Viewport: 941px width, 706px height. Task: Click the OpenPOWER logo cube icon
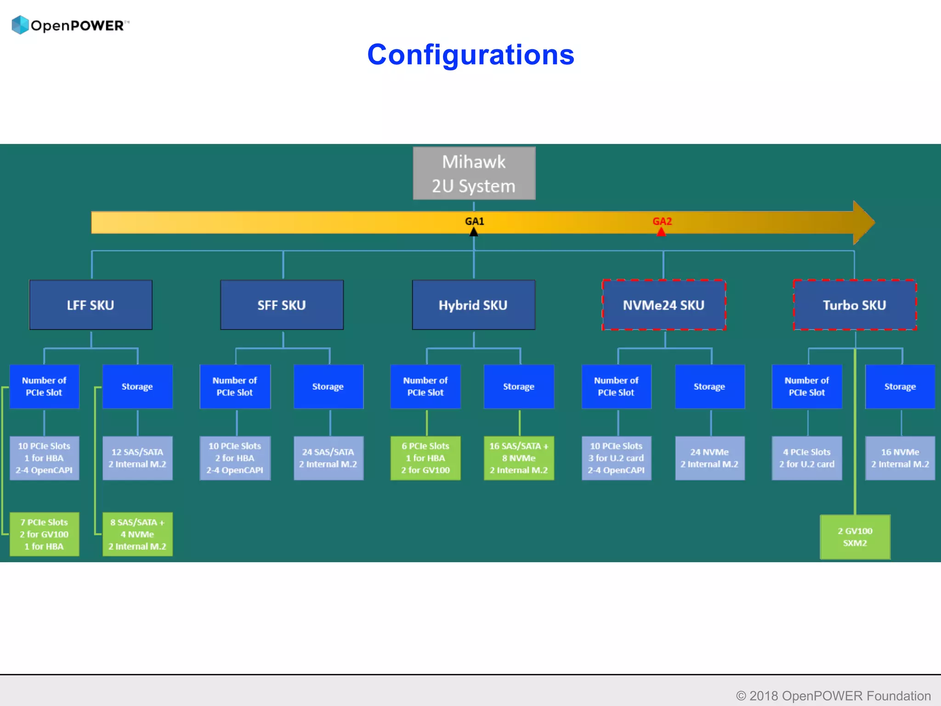point(20,25)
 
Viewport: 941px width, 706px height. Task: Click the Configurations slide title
point(470,55)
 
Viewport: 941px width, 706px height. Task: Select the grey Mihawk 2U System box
point(474,173)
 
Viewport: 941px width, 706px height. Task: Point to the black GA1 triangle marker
point(474,232)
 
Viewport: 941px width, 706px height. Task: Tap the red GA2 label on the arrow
point(662,221)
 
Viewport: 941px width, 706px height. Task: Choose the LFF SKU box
point(91,305)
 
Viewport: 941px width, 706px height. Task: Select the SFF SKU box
point(282,305)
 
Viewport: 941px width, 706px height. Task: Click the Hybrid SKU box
point(473,305)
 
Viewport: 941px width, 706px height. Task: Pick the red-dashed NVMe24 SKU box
point(664,305)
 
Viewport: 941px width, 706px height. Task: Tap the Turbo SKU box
point(855,305)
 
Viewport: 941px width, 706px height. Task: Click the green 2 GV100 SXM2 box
point(855,537)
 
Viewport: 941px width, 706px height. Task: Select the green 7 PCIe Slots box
point(44,534)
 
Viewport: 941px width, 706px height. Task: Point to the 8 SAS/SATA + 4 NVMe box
point(137,534)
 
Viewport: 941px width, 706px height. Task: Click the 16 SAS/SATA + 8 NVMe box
point(519,458)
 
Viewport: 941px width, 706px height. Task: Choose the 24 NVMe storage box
point(709,458)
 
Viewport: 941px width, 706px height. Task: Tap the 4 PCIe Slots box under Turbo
point(807,458)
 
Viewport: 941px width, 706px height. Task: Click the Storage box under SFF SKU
point(328,387)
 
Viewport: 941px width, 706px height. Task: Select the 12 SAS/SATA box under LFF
point(137,458)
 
